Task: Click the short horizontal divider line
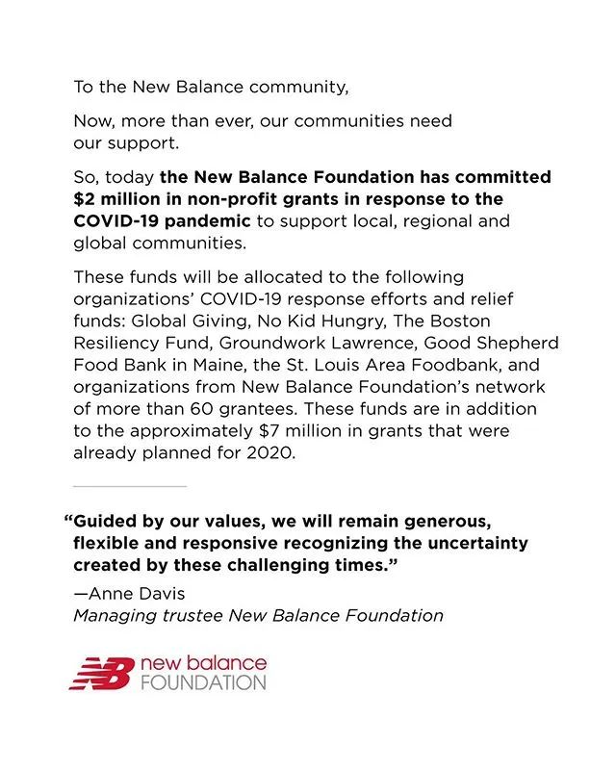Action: [130, 487]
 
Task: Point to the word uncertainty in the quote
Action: [474, 543]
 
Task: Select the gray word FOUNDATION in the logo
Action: [202, 682]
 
